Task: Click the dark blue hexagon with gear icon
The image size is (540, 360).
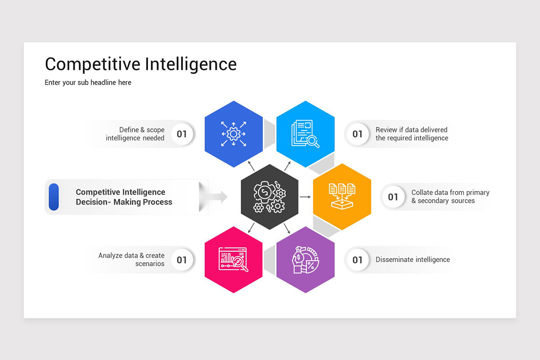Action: pos(234,134)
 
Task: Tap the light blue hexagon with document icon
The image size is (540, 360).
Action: pos(306,134)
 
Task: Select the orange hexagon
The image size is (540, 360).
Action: pos(342,197)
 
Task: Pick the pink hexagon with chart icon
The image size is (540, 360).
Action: pos(234,260)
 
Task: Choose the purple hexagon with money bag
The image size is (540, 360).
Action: pos(306,260)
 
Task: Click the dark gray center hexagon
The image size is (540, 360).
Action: pos(270,197)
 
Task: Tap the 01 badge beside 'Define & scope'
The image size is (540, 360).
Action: pos(182,134)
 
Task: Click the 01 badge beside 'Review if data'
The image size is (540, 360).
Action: pos(357,134)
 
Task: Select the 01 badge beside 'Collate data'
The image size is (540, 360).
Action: pos(393,197)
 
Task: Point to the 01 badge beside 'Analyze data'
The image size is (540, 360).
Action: pos(182,260)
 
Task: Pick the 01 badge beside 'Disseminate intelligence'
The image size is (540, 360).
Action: pos(357,260)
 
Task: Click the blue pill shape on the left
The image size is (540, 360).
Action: pos(54,197)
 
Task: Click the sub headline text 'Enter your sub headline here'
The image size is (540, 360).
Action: pos(88,82)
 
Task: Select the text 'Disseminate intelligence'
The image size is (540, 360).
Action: pos(413,260)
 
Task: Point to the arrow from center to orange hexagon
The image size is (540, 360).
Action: pos(305,197)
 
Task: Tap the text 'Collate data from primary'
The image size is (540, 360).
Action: pos(450,193)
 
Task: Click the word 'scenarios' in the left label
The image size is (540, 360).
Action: pos(150,264)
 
